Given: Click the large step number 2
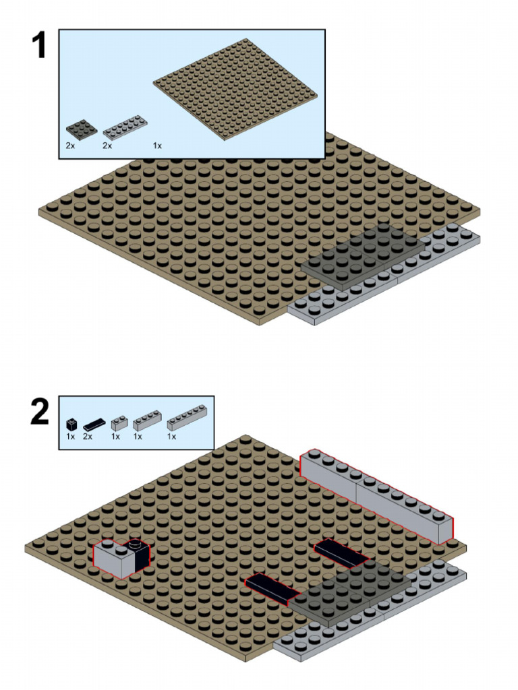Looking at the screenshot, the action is (40, 411).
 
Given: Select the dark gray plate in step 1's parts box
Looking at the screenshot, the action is (82, 127).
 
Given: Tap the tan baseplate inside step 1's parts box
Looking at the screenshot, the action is (235, 89).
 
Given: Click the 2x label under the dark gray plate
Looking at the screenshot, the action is (70, 146).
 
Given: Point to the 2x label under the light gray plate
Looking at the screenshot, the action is (107, 146).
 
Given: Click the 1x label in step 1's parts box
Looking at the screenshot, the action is (157, 146).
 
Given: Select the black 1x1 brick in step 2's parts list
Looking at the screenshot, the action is (72, 425).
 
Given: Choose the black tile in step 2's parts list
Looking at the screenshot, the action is (94, 425).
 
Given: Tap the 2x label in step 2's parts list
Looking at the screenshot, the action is (88, 437).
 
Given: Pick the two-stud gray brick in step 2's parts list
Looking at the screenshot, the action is (119, 424).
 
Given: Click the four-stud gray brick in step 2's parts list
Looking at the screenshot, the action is (147, 421).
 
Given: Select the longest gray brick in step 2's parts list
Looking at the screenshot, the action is (188, 418).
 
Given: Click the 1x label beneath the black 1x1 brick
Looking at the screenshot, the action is (70, 437).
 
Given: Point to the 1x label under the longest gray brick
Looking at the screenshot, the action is (171, 437).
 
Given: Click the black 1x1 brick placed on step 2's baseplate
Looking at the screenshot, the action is (138, 553).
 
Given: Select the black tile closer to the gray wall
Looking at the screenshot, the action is (341, 553).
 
